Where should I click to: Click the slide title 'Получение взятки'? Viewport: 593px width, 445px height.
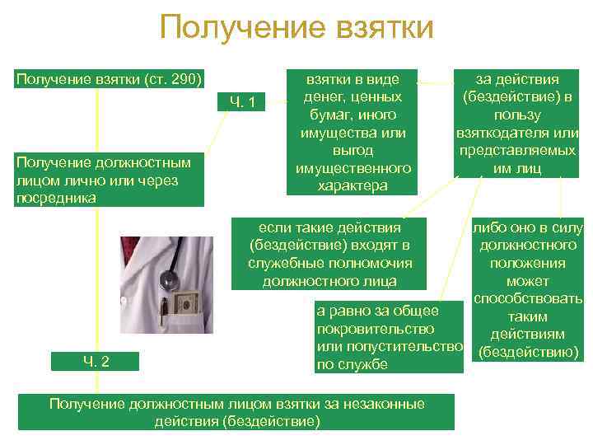click(296, 27)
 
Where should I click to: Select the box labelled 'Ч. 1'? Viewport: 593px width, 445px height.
click(247, 102)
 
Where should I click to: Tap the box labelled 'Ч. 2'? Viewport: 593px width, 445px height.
click(96, 360)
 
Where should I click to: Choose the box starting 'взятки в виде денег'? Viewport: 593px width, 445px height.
click(353, 133)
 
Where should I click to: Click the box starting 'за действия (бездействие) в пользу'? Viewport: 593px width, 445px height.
click(517, 124)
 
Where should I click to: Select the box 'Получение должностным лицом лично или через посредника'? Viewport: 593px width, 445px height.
click(110, 180)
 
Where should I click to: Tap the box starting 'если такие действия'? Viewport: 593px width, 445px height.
click(329, 254)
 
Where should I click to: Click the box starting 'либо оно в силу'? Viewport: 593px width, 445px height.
click(527, 291)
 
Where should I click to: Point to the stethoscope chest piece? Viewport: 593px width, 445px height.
click(170, 280)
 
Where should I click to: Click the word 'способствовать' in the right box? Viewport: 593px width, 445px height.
click(527, 298)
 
